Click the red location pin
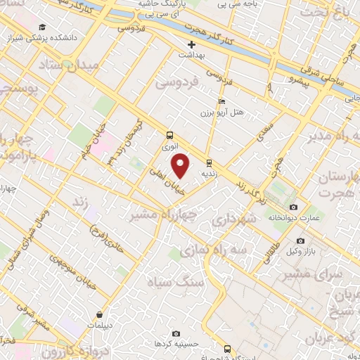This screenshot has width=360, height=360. [181, 166]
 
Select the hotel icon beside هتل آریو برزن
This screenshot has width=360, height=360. [222, 101]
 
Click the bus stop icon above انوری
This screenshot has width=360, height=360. [169, 135]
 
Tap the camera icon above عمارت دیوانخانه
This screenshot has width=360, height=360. [293, 207]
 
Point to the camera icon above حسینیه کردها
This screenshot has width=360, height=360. [176, 333]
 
